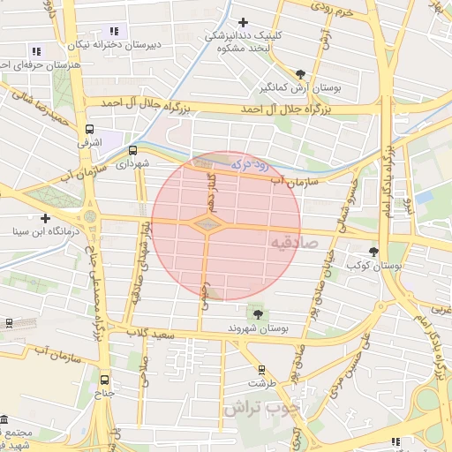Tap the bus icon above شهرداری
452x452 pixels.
[x=133, y=150]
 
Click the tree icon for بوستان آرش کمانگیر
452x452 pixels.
[x=302, y=74]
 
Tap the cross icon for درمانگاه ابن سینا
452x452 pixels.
[x=45, y=218]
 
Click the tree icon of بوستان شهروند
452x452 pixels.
[x=258, y=313]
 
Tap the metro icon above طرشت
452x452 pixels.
[x=261, y=370]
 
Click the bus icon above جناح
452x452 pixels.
[x=105, y=381]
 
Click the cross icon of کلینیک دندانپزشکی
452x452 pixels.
[x=244, y=22]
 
